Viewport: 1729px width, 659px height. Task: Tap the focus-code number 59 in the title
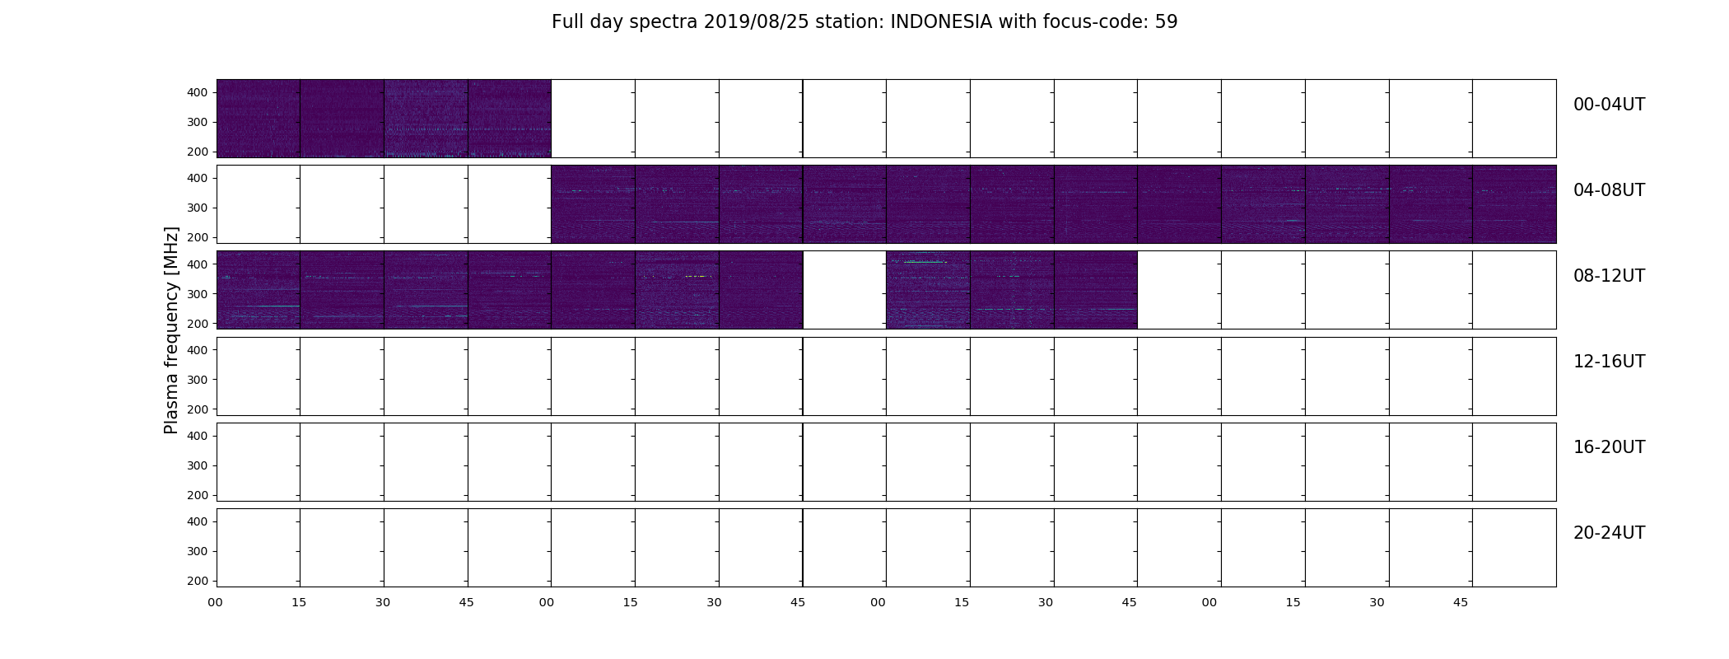pos(1167,22)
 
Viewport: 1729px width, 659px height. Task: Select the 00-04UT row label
pos(1609,105)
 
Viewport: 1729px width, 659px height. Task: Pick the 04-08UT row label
pos(1609,190)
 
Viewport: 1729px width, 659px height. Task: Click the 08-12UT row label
pos(1609,276)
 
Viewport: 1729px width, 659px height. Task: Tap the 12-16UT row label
pos(1609,362)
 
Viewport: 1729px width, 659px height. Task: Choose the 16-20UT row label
pos(1609,447)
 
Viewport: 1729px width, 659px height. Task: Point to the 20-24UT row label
pos(1609,533)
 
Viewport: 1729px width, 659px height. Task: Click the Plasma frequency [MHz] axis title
pos(171,330)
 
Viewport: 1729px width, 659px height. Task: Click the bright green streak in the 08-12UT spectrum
pos(925,262)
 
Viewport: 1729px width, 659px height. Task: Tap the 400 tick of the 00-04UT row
pos(197,92)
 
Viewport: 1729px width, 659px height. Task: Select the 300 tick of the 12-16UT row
pos(197,380)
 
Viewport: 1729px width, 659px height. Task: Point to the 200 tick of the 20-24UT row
pos(197,581)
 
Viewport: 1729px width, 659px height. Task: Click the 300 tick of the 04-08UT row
pos(197,208)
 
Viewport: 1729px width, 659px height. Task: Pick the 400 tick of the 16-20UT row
pos(197,436)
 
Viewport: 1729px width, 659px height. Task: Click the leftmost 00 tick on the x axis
pos(215,602)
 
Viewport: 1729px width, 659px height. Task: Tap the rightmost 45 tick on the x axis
pos(1461,602)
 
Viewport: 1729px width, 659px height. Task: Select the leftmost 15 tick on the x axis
pos(299,602)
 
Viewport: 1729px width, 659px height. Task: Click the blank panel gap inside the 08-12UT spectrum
pos(844,290)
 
